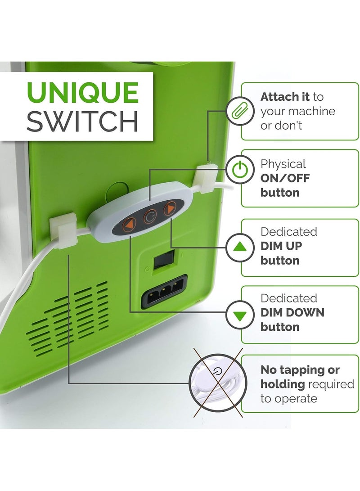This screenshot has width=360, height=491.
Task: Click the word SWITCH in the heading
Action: click(x=82, y=121)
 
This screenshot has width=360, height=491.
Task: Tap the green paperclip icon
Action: click(x=240, y=111)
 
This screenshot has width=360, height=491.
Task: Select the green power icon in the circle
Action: click(x=240, y=169)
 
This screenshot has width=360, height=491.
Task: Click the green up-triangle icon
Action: click(x=240, y=247)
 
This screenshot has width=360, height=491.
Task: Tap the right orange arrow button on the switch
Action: click(x=170, y=208)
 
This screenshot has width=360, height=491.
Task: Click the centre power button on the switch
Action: click(x=150, y=216)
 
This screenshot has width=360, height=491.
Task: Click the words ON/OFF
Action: click(x=285, y=179)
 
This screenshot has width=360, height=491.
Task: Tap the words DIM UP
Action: click(x=281, y=246)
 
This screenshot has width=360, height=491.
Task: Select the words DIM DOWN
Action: click(x=292, y=312)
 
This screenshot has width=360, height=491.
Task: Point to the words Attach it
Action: click(x=285, y=97)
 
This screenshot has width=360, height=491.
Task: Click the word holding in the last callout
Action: click(x=283, y=384)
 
